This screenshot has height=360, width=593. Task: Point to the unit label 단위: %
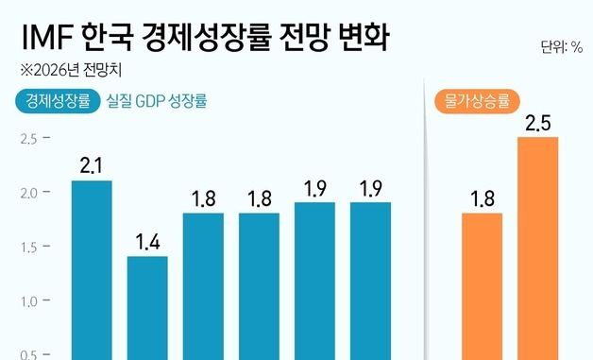561,46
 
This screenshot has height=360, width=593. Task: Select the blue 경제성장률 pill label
58,101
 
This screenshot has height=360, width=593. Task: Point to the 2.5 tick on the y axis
27,139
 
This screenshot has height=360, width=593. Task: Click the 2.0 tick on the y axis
27,193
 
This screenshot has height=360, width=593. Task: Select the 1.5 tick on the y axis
27,248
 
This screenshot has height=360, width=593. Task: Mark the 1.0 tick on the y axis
27,301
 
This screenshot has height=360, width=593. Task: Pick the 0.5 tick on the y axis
27,354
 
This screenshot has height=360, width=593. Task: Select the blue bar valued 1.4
147,307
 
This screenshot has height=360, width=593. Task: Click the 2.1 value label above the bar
92,166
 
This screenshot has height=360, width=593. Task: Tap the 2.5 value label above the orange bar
537,123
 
